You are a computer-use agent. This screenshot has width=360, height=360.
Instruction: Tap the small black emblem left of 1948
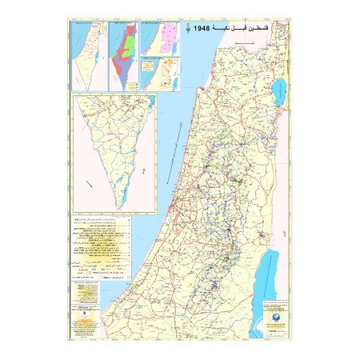coord(189,30)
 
